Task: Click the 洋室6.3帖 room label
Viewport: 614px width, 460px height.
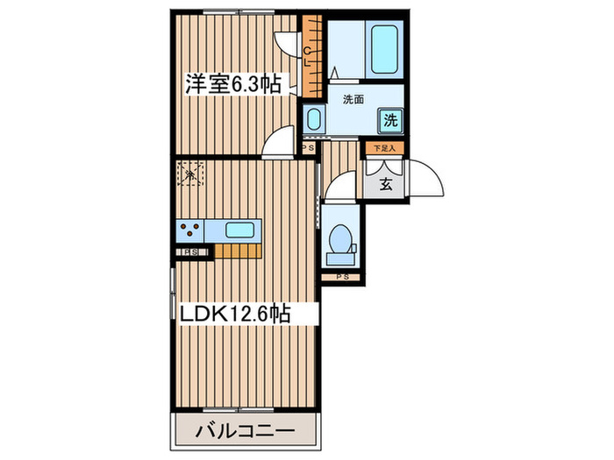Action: (232, 85)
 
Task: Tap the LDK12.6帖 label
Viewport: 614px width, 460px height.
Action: (236, 312)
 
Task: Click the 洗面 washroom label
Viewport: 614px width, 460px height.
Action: (353, 99)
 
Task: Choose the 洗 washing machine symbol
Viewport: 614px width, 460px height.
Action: (391, 120)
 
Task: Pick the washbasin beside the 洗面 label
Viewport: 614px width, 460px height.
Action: (313, 118)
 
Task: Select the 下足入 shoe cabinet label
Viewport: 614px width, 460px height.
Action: (383, 149)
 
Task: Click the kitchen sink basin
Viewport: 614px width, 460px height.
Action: (240, 230)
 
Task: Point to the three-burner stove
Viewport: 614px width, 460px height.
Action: (189, 230)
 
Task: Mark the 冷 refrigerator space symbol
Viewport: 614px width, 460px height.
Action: (189, 173)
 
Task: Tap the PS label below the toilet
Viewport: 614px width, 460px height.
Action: (342, 278)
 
